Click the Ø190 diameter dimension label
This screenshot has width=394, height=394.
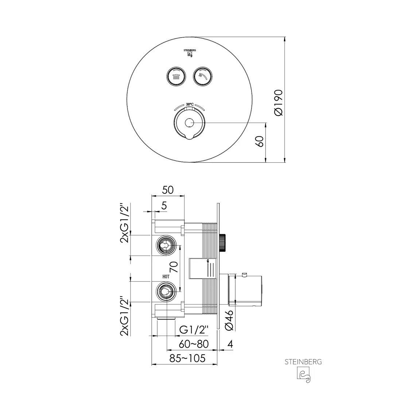pos(278,103)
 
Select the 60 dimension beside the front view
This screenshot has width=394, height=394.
pos(259,141)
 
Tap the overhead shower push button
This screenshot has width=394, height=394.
pos(176,77)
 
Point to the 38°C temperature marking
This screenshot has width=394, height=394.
pos(189,104)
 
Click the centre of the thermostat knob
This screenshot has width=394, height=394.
pos(189,123)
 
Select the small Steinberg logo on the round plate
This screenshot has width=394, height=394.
pos(189,53)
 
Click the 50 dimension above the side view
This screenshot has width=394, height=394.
pos(168,190)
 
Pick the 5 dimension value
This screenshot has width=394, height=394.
pos(164,206)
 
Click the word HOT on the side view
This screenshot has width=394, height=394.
pos(166,277)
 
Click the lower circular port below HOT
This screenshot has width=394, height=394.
pos(166,291)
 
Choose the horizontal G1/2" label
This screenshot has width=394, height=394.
pos(194,330)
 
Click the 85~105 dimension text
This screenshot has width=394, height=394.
pos(188,358)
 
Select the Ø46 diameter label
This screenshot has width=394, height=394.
pos(229,320)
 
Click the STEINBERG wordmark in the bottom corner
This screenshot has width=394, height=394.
pos(303,362)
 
